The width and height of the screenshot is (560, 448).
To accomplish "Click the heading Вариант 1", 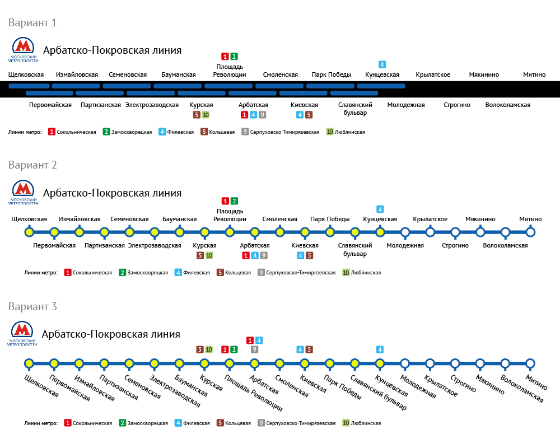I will point(32,23).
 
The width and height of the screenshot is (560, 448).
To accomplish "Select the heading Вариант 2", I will point(32,165).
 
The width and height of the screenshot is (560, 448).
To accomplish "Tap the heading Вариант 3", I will point(32,307).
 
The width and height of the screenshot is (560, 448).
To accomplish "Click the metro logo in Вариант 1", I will point(23,50).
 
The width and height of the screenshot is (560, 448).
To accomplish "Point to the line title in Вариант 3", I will point(111,334).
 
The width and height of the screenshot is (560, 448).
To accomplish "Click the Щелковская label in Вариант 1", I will point(26,74).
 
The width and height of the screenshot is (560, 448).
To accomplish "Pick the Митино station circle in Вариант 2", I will point(530,232).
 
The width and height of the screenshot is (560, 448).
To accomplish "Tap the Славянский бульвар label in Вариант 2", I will point(356,249).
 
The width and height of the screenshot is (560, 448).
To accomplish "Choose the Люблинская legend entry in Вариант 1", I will point(346,132).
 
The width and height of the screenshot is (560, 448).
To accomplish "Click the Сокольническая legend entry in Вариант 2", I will point(88,273).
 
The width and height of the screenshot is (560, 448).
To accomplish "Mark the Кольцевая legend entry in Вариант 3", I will point(234,423).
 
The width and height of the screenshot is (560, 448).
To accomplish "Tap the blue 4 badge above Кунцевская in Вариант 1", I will point(382,64).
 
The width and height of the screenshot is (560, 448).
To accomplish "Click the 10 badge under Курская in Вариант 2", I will point(209,255).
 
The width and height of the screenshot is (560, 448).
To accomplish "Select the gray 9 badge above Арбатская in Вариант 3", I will point(254,349).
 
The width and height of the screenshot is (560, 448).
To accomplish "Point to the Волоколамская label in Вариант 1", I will point(507,105).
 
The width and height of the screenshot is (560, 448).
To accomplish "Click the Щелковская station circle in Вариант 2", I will point(29,232).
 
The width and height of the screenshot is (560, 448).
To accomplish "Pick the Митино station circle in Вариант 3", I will point(530,363).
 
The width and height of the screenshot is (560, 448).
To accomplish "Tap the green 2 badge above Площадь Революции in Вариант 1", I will point(234,56).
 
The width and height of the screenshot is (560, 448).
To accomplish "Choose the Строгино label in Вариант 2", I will point(455,245).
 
